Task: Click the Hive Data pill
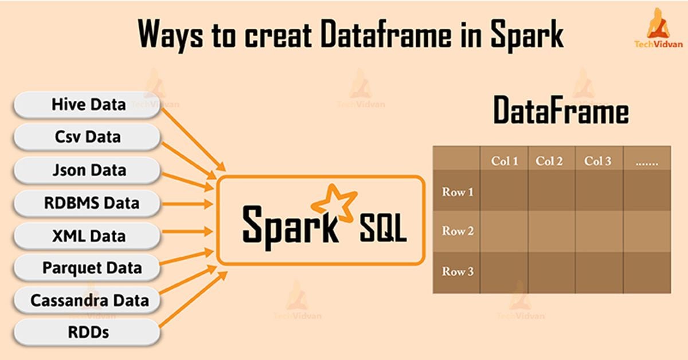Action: [87, 105]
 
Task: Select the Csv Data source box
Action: [87, 137]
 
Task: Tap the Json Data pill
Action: [87, 170]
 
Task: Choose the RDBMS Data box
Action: [87, 203]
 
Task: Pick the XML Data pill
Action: [87, 236]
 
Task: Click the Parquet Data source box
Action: [87, 268]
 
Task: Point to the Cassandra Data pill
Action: [87, 300]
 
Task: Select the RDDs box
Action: [87, 332]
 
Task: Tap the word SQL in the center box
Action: [384, 228]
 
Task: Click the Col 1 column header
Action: [505, 161]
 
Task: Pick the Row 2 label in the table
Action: [458, 231]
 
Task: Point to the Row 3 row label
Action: [458, 272]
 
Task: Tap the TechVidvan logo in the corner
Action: [659, 28]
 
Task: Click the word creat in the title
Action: [278, 35]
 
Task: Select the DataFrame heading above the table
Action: [561, 110]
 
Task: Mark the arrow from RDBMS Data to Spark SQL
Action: [187, 204]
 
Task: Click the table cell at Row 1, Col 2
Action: [552, 190]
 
